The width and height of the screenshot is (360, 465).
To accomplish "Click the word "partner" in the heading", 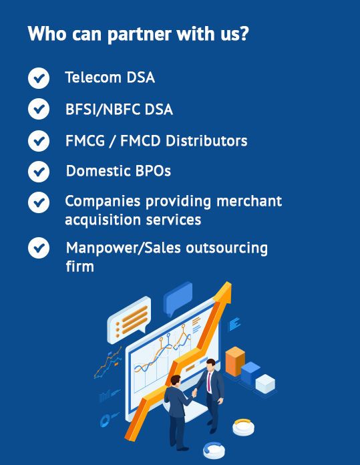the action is (x=140, y=35).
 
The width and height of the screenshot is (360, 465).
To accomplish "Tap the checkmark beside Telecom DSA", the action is (x=39, y=78).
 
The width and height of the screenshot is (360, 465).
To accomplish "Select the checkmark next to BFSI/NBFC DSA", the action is (x=39, y=109).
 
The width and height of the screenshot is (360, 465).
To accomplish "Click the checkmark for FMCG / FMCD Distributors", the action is (x=39, y=141).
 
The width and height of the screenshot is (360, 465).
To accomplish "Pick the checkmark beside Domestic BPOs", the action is (x=39, y=172).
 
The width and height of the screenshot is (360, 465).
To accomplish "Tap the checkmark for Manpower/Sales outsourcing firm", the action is (x=39, y=248).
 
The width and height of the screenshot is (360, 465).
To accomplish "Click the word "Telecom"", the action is (x=93, y=77).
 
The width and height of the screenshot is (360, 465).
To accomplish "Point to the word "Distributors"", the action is (x=206, y=140).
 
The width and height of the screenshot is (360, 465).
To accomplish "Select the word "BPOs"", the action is (x=153, y=171).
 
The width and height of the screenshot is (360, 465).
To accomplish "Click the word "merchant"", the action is (x=249, y=201).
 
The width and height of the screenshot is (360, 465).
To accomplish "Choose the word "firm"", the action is (x=79, y=266).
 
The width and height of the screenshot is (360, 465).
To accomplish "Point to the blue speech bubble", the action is (x=178, y=298).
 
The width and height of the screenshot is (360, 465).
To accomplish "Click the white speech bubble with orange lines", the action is (x=130, y=319).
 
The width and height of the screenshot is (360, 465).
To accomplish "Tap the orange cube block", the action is (x=235, y=361).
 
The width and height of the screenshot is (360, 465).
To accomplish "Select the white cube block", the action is (x=265, y=383).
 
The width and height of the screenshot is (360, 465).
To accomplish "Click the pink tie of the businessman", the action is (x=209, y=381).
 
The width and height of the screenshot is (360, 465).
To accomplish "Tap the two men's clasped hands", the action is (x=194, y=392).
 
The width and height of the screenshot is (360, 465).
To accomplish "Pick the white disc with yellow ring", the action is (x=243, y=427).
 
